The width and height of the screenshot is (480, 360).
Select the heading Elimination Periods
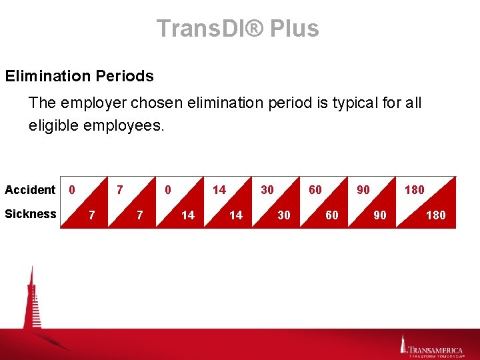click(79, 76)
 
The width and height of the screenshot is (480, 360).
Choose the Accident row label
click(30, 190)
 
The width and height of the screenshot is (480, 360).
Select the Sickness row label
click(31, 214)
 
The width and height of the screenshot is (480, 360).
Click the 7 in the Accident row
click(119, 190)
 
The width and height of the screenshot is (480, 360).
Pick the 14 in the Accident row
click(219, 190)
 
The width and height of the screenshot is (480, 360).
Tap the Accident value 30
click(267, 190)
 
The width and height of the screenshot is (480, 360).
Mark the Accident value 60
click(315, 190)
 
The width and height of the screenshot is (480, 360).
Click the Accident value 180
click(414, 190)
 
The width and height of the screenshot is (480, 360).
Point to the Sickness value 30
click(284, 215)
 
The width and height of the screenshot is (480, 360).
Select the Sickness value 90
click(379, 215)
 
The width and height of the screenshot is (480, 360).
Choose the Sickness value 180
click(435, 215)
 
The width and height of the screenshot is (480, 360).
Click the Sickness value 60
click(331, 215)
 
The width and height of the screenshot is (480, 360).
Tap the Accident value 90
click(363, 190)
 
